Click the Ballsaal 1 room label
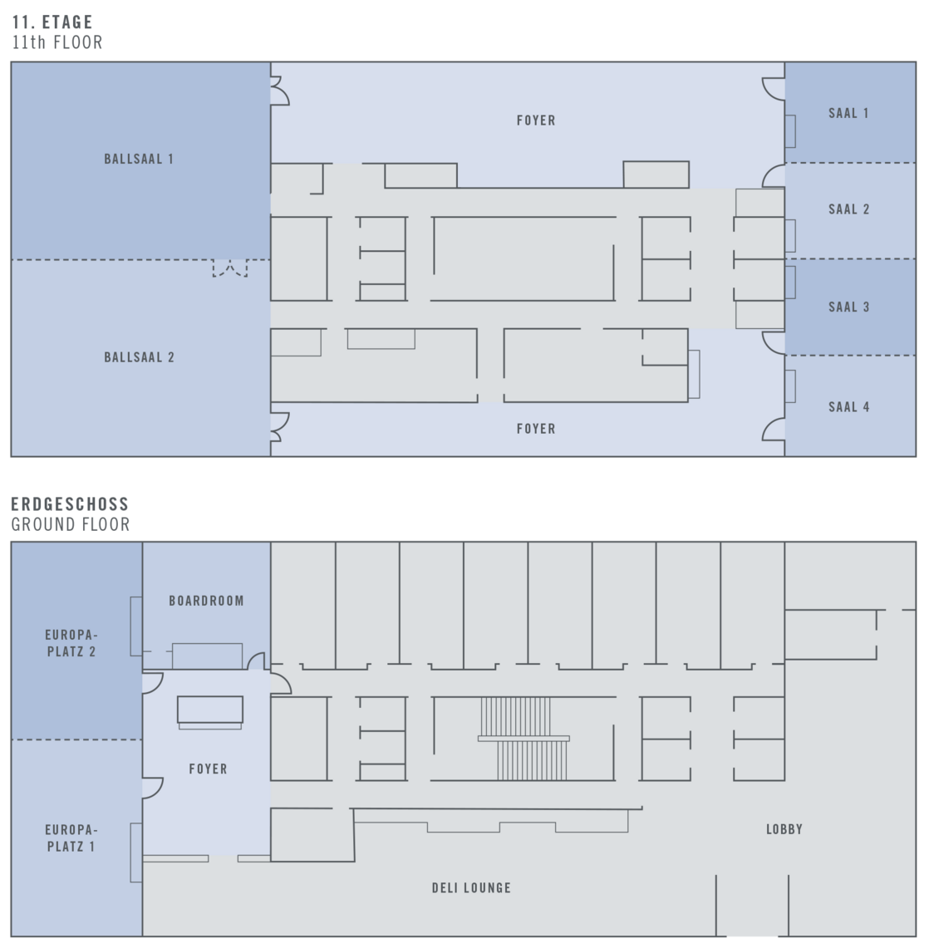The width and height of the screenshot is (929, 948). tap(139, 159)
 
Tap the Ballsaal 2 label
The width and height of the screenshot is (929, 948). tap(139, 357)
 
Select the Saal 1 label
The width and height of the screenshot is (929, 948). tap(848, 113)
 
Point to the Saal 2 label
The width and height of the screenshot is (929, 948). tap(848, 209)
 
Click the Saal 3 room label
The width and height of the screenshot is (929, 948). tap(848, 307)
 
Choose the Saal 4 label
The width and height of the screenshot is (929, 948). tap(848, 407)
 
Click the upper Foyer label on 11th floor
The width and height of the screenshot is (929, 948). tap(536, 120)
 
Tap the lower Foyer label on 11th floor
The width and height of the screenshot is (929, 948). tap(536, 429)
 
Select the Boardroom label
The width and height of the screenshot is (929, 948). tap(206, 601)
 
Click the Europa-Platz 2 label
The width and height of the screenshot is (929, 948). tap(71, 643)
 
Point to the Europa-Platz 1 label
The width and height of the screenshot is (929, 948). tap(71, 838)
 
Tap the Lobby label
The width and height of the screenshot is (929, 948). tap(784, 829)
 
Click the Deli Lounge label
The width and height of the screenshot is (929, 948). tap(471, 888)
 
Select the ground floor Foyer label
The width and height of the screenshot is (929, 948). tap(208, 769)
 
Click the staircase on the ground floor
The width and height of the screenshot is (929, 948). tap(523, 739)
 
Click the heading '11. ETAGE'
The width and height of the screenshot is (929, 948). tap(52, 22)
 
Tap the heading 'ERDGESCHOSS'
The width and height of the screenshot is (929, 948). tap(70, 504)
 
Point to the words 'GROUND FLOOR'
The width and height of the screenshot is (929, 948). tap(71, 524)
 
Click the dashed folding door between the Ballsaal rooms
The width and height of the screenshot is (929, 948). tap(230, 268)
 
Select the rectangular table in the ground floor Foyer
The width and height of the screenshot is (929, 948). tap(210, 710)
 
